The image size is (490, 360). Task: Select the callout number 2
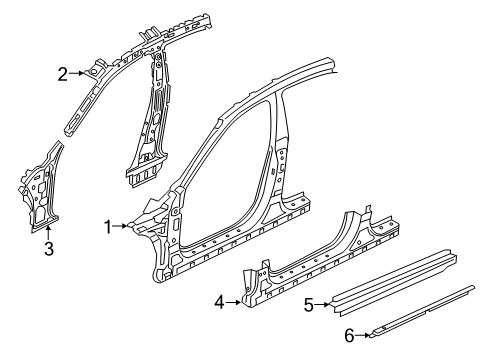[x=62, y=73]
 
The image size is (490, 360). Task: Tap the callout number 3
[x=48, y=249]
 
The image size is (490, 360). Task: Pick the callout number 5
[x=309, y=306]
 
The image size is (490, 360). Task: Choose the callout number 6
[x=350, y=336]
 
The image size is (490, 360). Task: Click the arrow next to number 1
[x=124, y=227]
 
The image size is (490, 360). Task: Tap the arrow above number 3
[x=48, y=232]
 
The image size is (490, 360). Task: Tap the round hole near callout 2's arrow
[x=92, y=71]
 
